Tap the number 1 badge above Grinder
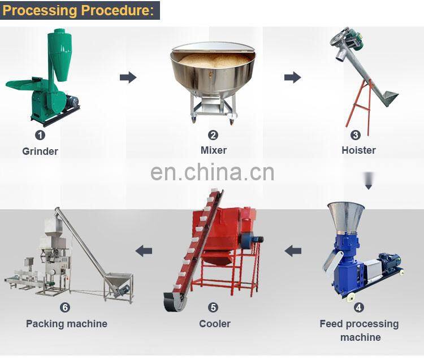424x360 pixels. point(40,135)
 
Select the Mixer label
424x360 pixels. point(214,150)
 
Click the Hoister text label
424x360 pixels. point(358,150)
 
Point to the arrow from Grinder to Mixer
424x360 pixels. point(128,77)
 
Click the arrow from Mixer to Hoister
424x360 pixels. point(292,77)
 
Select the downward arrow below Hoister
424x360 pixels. point(369,180)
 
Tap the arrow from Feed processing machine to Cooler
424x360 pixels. point(293,251)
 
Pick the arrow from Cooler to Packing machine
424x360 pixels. point(144,251)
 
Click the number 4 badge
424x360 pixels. point(359,307)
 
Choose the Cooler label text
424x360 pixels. point(215,324)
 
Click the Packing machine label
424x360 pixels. point(67,324)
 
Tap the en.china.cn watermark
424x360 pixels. point(212,172)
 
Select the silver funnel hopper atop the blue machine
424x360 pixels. point(346,216)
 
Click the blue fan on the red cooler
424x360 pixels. point(249,240)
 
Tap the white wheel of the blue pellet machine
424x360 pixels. point(351,298)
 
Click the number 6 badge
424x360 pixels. point(65,307)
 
